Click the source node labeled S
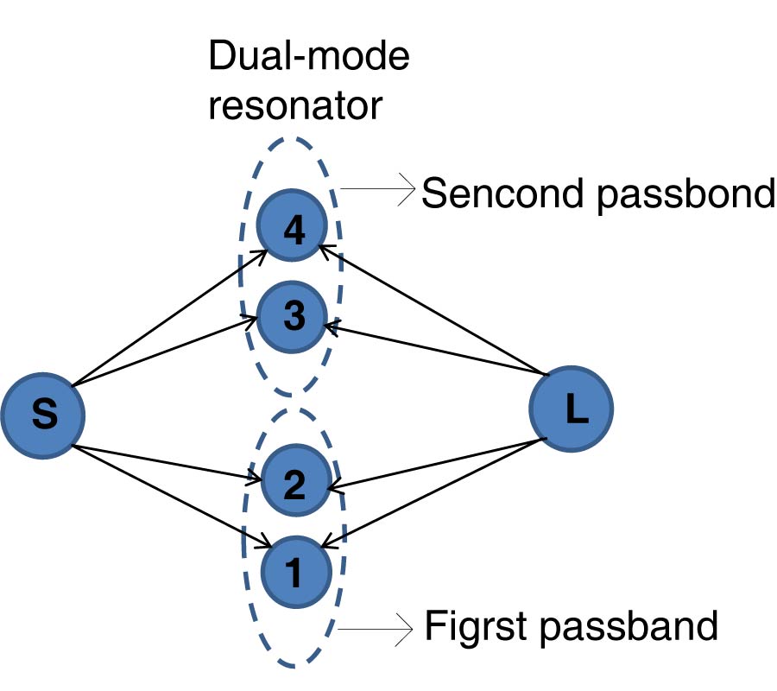[42, 415]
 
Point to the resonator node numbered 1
[294, 570]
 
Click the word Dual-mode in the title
[308, 60]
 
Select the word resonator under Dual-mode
[294, 105]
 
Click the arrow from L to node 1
[436, 492]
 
